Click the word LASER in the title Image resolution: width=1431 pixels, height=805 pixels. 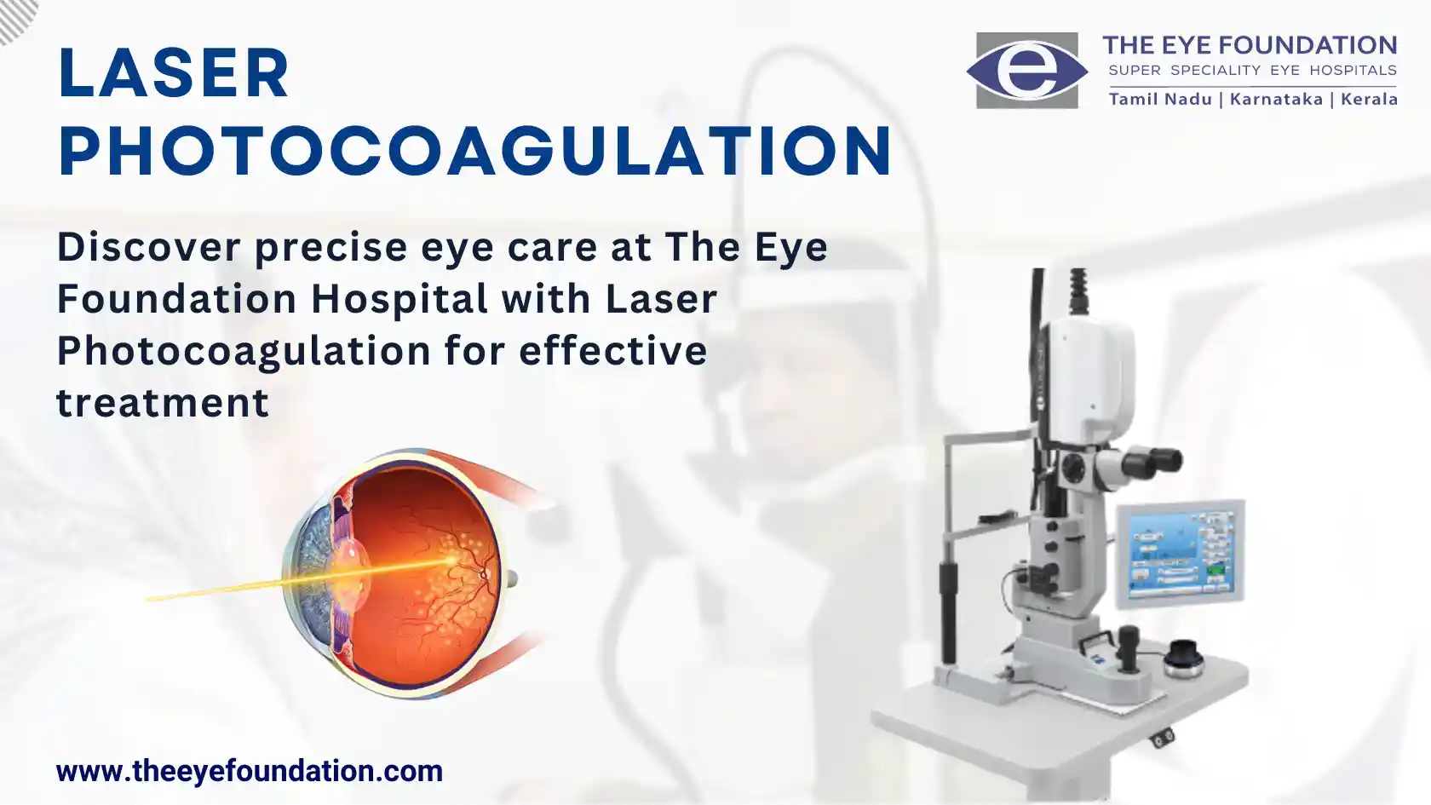(173, 72)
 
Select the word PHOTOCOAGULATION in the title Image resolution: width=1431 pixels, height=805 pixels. (474, 151)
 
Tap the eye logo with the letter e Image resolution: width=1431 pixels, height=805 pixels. (1027, 70)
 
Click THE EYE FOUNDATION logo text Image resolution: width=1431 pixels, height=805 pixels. (1250, 45)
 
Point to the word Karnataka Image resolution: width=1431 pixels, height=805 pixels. (1276, 99)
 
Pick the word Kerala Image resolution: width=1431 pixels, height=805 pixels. (1369, 99)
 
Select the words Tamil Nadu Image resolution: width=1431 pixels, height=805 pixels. (1160, 99)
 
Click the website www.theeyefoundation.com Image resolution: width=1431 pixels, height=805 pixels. (249, 771)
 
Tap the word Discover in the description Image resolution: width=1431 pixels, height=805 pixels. (149, 247)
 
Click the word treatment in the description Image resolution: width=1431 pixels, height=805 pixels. (163, 402)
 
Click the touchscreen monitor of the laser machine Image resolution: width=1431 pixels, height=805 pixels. (1180, 554)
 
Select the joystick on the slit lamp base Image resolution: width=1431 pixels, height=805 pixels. (1129, 647)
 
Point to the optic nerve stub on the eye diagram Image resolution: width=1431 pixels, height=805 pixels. (511, 579)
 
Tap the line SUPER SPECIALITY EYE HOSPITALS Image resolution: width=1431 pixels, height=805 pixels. (1252, 70)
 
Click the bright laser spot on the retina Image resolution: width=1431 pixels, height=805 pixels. (452, 561)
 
